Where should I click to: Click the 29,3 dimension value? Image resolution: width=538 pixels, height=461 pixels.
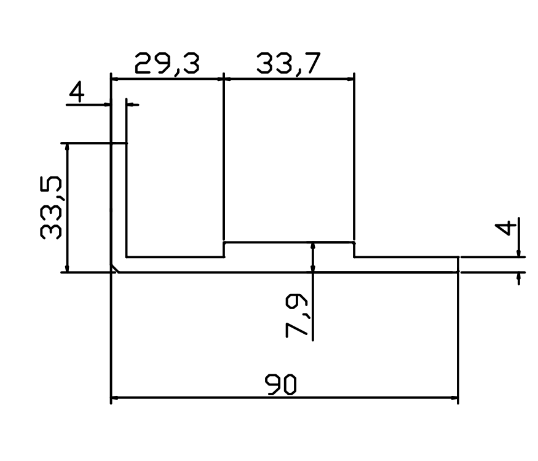[167, 64]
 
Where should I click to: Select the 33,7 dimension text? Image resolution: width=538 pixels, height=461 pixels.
[288, 63]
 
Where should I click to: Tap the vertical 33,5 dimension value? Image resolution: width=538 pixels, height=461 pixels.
[51, 207]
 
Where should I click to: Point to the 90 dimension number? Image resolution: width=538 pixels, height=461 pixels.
[280, 385]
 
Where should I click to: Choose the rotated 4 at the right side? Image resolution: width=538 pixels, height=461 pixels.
[505, 229]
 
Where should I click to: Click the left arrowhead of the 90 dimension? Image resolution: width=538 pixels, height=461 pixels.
[116, 398]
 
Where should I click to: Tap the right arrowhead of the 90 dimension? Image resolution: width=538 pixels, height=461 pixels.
[454, 398]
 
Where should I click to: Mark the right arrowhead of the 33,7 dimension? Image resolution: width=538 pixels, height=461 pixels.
[350, 79]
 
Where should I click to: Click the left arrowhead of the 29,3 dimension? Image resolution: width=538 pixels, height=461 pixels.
[116, 79]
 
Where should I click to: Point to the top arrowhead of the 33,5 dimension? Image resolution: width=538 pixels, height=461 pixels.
[67, 148]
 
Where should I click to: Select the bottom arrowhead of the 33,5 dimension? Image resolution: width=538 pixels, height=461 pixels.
[67, 268]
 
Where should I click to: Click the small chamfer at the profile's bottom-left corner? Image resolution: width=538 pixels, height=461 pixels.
[114, 269]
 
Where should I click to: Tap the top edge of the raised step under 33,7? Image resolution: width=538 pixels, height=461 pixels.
[289, 243]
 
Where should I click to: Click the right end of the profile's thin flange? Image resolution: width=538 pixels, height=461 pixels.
[458, 264]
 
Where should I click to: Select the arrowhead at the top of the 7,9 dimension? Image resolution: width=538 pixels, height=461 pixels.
[312, 247]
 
